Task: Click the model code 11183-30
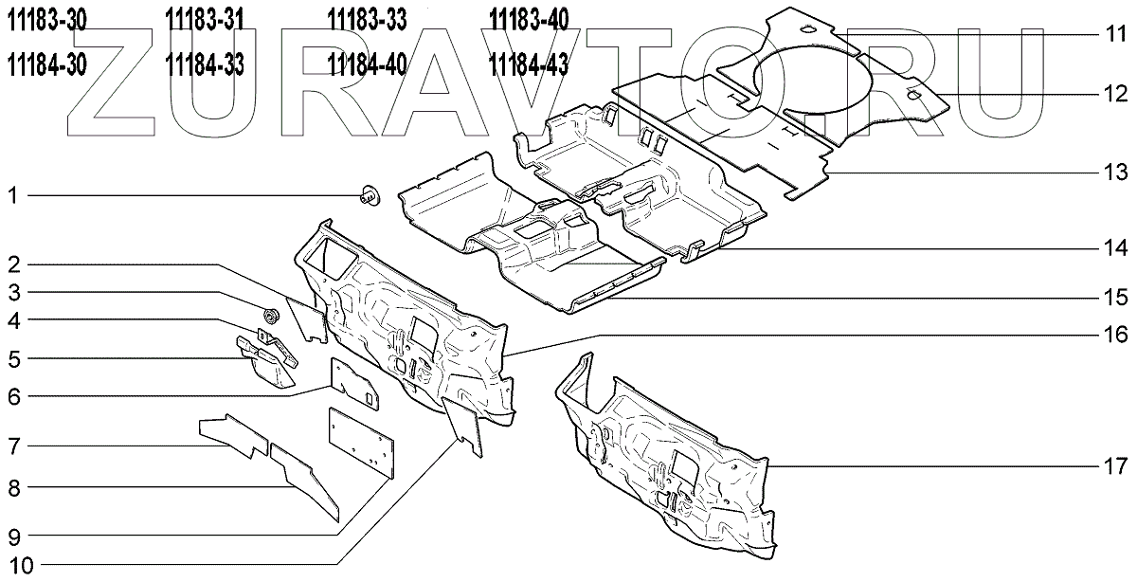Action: click(x=46, y=20)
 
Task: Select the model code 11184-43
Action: click(x=529, y=65)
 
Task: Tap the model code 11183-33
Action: click(x=367, y=20)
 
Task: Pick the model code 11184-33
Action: click(x=205, y=65)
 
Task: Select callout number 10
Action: click(x=21, y=565)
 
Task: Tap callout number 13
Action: click(x=1116, y=173)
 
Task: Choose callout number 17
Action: click(x=1116, y=465)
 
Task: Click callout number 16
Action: click(x=1116, y=335)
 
